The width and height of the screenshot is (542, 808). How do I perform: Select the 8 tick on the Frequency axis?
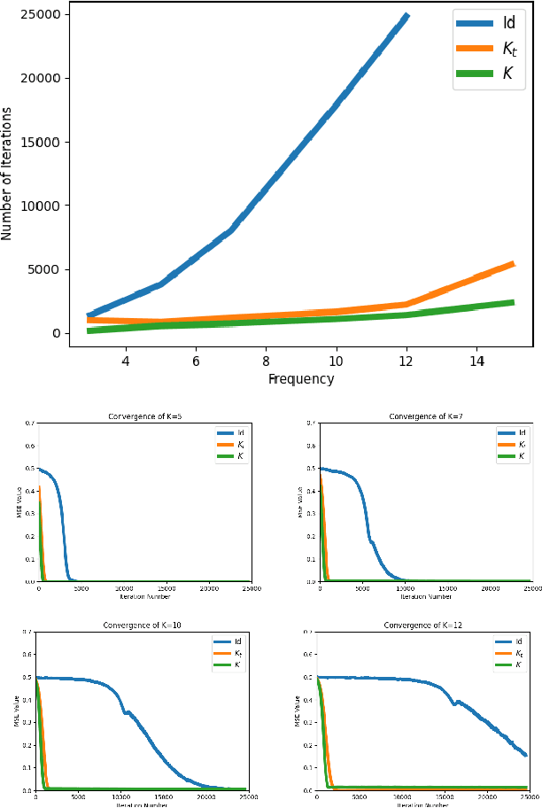click(x=266, y=361)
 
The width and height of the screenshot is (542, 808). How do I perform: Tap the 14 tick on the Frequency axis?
click(x=476, y=361)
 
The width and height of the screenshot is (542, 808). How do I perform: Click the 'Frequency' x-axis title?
click(x=301, y=379)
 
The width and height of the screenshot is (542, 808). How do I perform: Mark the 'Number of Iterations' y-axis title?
click(x=8, y=175)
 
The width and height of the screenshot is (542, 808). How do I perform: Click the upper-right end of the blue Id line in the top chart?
click(x=406, y=16)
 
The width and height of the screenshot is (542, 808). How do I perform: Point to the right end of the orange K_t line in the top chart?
click(x=512, y=263)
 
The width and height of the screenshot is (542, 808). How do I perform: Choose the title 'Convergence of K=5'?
click(x=144, y=416)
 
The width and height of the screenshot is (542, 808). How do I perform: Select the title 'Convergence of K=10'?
click(x=142, y=625)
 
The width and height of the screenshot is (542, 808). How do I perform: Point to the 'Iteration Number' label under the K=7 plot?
click(x=426, y=596)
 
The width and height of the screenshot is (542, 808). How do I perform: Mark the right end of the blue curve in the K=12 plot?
click(x=526, y=755)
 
